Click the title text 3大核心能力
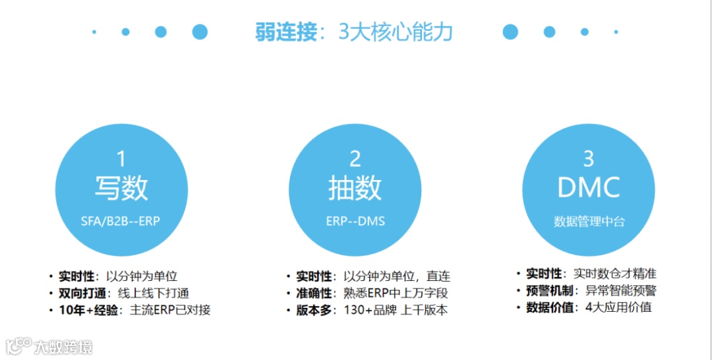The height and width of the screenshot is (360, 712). [396, 32]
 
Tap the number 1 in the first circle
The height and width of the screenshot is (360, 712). [121, 159]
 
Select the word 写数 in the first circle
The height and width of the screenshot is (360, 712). [121, 188]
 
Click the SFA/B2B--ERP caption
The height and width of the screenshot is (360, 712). [121, 222]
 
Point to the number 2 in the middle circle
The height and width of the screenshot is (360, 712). [355, 159]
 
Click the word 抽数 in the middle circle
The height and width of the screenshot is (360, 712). [355, 188]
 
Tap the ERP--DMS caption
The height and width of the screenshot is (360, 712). [355, 222]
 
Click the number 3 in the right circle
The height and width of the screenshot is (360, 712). [589, 159]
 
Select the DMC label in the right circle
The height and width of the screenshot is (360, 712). [589, 188]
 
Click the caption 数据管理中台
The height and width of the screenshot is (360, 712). [589, 222]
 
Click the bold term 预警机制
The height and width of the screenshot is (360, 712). [549, 290]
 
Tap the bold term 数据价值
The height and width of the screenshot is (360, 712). [549, 307]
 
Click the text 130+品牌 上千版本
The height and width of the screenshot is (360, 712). [396, 309]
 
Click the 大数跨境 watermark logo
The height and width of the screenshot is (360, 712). [49, 345]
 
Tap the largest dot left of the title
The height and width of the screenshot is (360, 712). [199, 32]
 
